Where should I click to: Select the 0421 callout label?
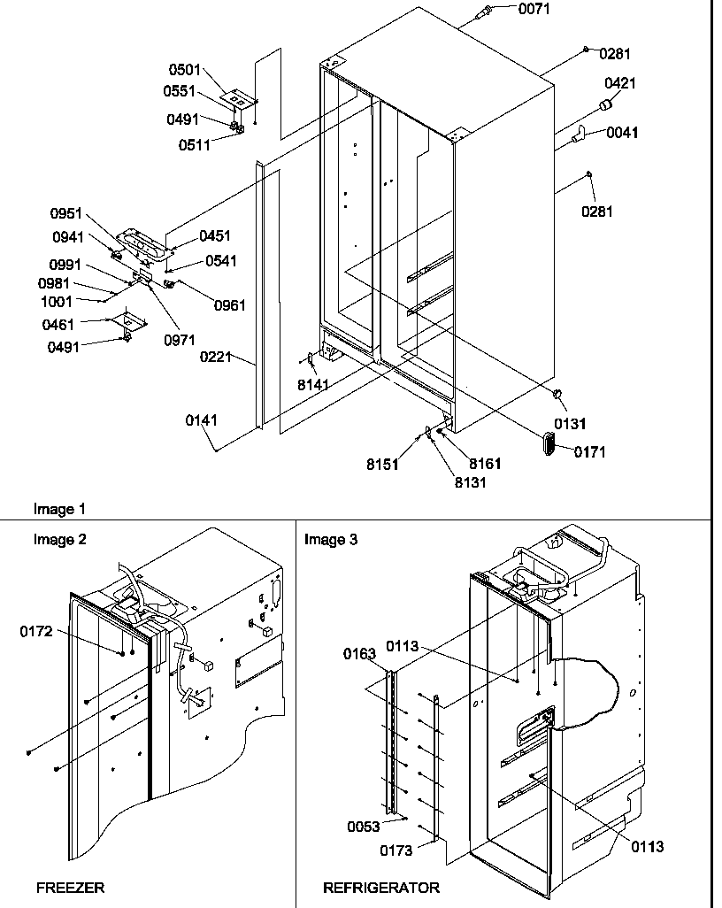tap(619, 83)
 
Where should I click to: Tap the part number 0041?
tap(621, 134)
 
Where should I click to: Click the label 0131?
tap(571, 424)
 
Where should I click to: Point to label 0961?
tap(229, 306)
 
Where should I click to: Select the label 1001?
tap(58, 301)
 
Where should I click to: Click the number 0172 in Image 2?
tap(37, 631)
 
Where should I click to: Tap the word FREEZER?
tap(71, 886)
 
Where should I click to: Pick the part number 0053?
tap(364, 827)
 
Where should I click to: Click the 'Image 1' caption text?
tap(60, 509)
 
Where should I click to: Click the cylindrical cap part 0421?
tap(606, 107)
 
